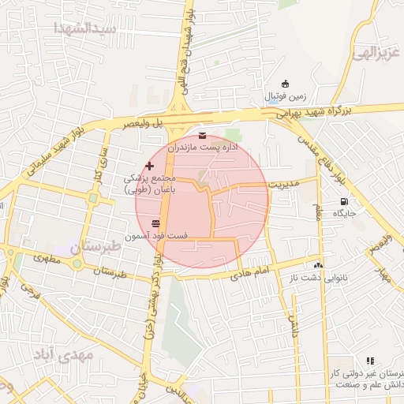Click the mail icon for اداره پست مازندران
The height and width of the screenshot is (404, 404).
pos(203,135)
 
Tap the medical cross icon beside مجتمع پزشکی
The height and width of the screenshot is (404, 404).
pos(151,166)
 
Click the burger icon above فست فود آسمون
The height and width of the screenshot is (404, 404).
pos(155,223)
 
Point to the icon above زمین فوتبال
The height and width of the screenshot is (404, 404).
pos(285,84)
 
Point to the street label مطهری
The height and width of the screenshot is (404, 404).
pos(49,260)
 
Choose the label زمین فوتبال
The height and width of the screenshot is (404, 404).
pos(282,96)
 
